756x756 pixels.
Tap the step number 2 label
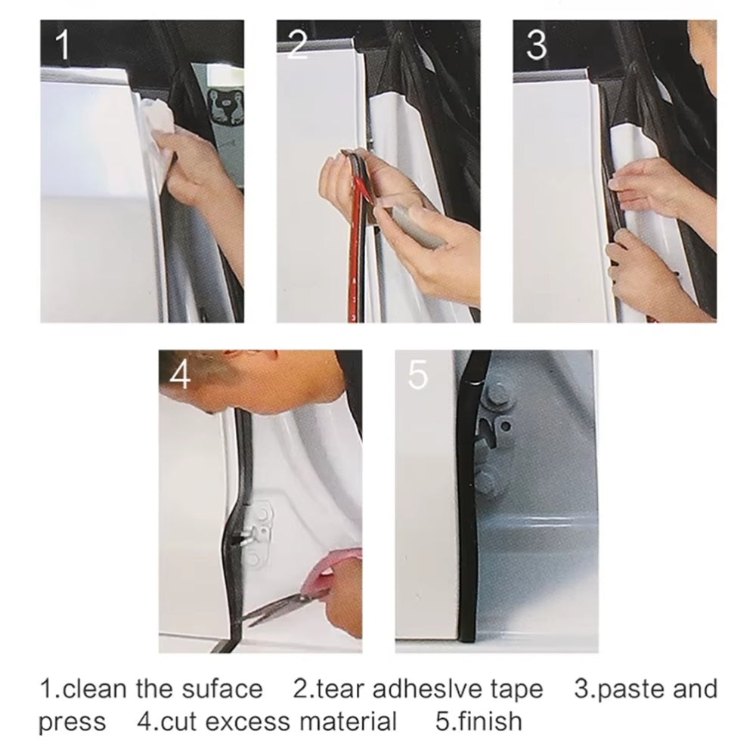(x=297, y=46)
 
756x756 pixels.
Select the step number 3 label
(x=535, y=46)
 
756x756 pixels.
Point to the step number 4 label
(x=180, y=376)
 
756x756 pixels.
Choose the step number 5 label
(x=417, y=376)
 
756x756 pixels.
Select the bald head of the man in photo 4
(x=227, y=386)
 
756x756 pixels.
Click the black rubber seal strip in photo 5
(x=465, y=514)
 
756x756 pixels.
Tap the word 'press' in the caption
(x=72, y=723)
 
